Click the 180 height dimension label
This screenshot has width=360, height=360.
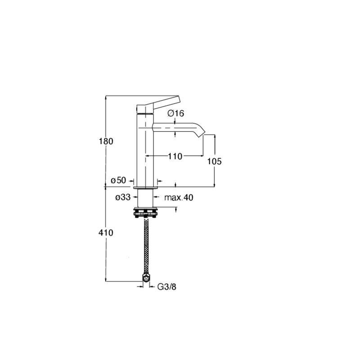(106, 141)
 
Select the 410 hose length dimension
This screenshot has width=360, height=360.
(106, 233)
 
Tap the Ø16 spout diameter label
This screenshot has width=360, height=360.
(176, 113)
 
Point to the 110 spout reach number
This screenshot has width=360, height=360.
(175, 156)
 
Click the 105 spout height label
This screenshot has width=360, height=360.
(215, 162)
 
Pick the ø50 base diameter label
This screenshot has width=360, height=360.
(118, 180)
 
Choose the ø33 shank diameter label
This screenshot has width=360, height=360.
(123, 197)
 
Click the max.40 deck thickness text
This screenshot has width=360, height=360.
(179, 198)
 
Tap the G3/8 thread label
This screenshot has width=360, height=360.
(167, 287)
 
